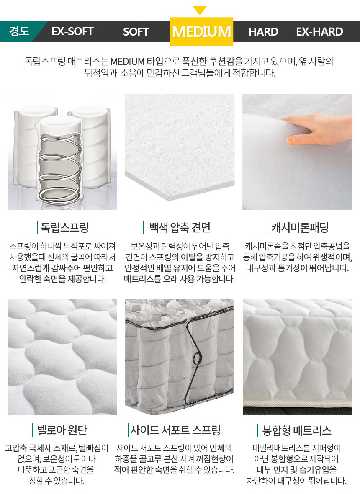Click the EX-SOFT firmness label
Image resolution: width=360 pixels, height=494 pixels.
point(72,31)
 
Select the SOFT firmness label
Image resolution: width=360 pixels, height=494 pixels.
point(136,31)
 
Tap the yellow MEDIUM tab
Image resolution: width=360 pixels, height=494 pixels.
point(201,31)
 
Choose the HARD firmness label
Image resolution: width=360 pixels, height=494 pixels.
point(263,31)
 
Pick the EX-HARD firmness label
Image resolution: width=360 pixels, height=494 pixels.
point(319,31)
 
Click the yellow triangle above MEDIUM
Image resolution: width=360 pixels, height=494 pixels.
point(200,10)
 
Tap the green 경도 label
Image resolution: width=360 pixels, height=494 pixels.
point(19,31)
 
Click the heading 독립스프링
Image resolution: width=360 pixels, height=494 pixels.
point(64,227)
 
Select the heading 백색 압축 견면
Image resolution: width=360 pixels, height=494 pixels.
point(180,227)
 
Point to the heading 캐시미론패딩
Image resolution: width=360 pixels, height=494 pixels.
point(300,227)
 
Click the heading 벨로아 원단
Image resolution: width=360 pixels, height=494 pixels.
point(62,430)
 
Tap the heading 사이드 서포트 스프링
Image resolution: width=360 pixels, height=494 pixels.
point(175,430)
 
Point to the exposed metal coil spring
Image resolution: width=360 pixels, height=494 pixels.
point(60,167)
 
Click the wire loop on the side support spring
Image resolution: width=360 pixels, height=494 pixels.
point(197,358)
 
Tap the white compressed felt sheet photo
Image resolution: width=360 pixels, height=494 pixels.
point(180,147)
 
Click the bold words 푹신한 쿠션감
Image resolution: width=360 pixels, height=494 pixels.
point(208,61)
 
